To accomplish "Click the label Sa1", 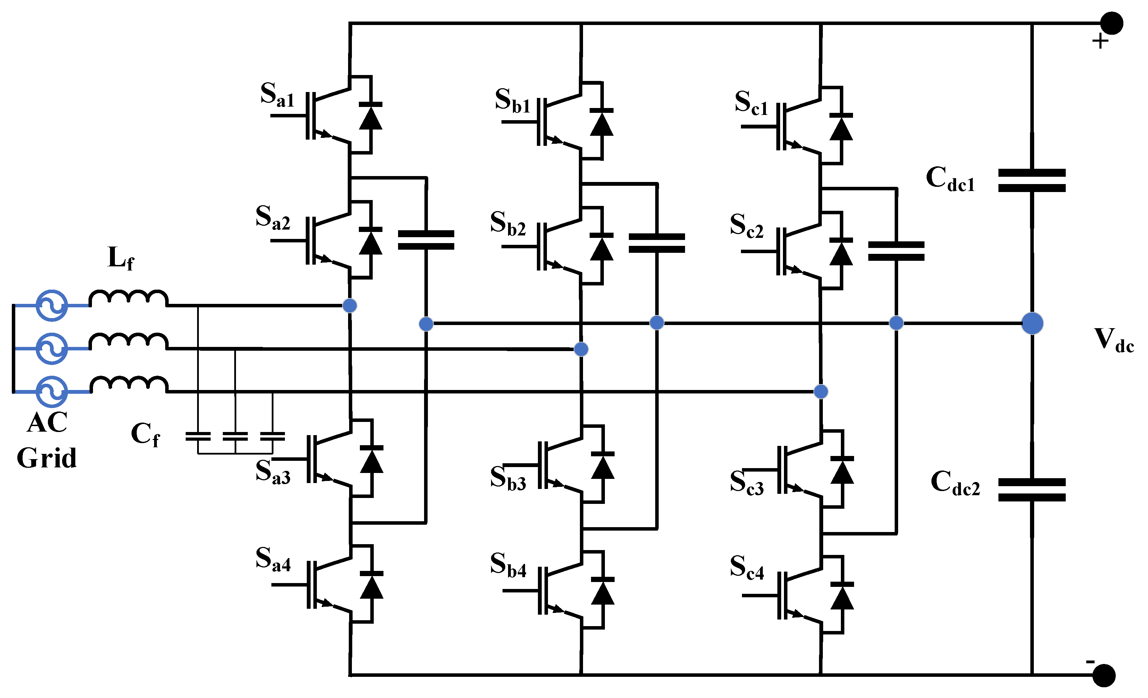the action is click(x=277, y=95).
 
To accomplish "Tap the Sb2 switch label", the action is click(x=508, y=223).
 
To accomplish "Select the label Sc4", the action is click(x=747, y=567).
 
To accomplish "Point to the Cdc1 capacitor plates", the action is click(x=1032, y=181).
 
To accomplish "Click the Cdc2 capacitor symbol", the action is click(x=1032, y=490).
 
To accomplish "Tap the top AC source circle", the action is click(x=52, y=305).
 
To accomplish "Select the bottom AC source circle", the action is click(x=52, y=392).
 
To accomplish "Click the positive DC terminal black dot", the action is click(x=1112, y=23).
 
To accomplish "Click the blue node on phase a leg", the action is click(x=350, y=305).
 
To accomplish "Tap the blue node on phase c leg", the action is click(x=821, y=391).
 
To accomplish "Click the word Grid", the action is click(x=47, y=458).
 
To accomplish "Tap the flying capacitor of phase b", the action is click(x=657, y=243).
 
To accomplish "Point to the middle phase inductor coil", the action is click(x=129, y=341).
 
